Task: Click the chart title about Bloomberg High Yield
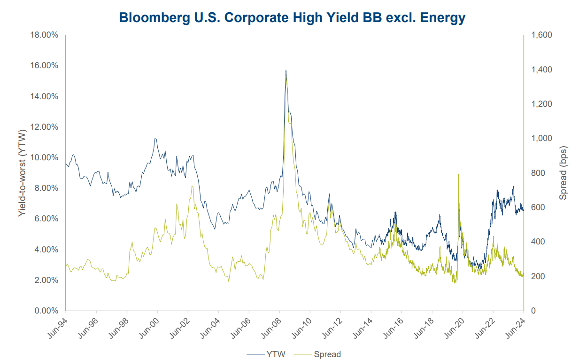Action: [x=292, y=17]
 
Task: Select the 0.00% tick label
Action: [x=46, y=311]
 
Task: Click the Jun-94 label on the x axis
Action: [x=58, y=327]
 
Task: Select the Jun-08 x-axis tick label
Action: [x=271, y=327]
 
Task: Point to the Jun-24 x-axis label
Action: [x=516, y=327]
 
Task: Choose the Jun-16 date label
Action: [x=394, y=327]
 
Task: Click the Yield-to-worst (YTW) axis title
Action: [x=22, y=172]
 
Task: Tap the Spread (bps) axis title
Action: [x=564, y=172]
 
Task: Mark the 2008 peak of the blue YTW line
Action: [x=286, y=71]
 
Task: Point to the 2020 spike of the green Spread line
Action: [x=458, y=174]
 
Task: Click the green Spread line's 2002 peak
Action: [x=192, y=186]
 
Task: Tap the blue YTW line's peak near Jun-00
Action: [x=155, y=139]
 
